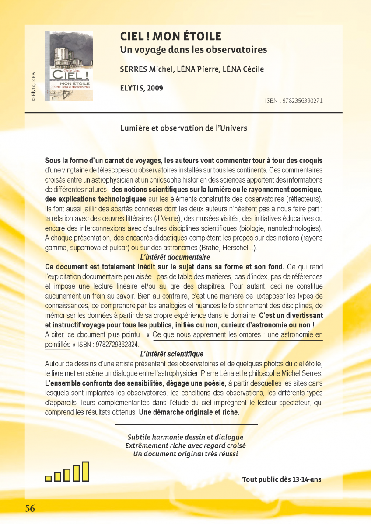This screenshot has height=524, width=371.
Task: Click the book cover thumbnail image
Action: [69, 66]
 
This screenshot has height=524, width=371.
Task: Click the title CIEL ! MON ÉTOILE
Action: [171, 36]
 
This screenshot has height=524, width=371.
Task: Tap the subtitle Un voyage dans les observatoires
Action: [193, 50]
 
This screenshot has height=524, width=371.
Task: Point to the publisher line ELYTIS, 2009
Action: [141, 88]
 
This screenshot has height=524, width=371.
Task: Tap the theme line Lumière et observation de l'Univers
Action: [184, 128]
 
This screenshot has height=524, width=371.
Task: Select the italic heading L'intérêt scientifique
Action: [171, 354]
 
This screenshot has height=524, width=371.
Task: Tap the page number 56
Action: [30, 508]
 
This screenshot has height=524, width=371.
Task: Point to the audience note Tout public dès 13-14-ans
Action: [282, 479]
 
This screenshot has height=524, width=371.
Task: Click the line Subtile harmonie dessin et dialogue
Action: [185, 437]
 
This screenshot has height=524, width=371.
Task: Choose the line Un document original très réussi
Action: [185, 454]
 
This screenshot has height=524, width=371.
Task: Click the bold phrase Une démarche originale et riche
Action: [189, 412]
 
